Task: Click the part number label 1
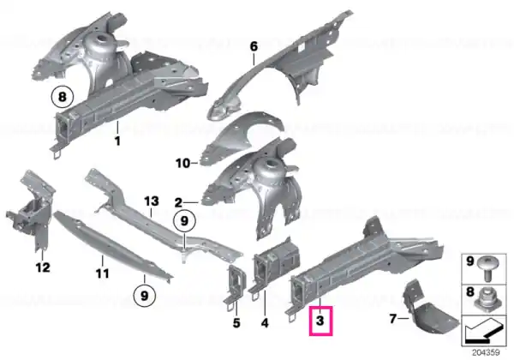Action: click(117, 141)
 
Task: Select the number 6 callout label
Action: click(254, 46)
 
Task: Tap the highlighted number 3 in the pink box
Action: click(320, 320)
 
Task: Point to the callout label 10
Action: click(183, 163)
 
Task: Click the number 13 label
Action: click(152, 201)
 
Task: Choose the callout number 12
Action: click(43, 267)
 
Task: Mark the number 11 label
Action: click(102, 273)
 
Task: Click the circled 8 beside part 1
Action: click(63, 97)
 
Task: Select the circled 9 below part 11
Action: click(145, 296)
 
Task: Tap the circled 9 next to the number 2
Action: click(184, 220)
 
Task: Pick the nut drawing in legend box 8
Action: click(487, 299)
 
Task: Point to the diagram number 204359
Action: click(486, 352)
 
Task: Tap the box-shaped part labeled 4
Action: click(275, 266)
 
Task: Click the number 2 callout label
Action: click(178, 202)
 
